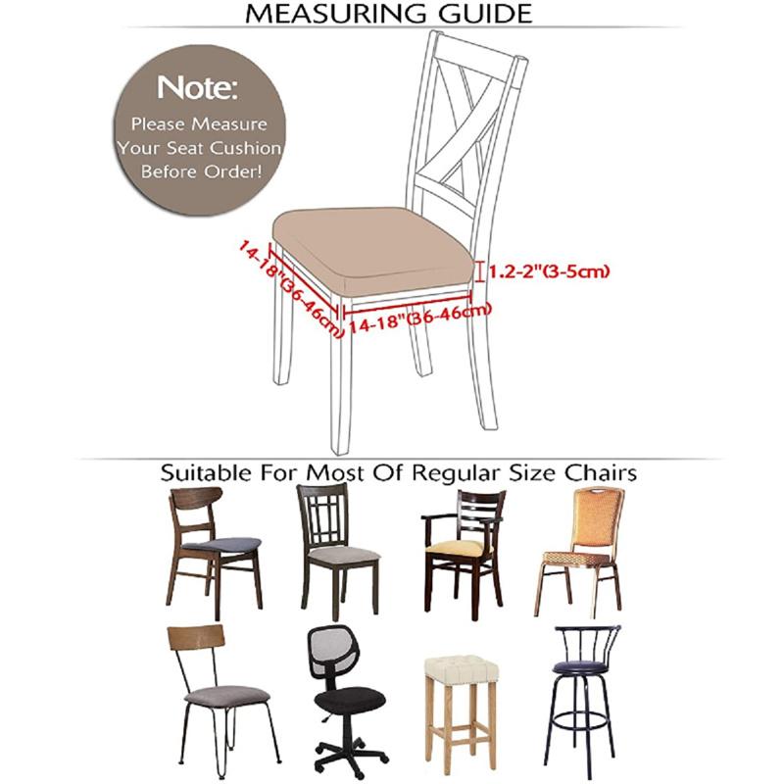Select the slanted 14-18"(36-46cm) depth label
pyautogui.click(x=290, y=290)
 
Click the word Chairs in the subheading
pyautogui.click(x=599, y=472)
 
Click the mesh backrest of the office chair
pyautogui.click(x=338, y=655)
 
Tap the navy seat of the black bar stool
pyautogui.click(x=580, y=667)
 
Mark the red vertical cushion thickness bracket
pyautogui.click(x=479, y=269)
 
